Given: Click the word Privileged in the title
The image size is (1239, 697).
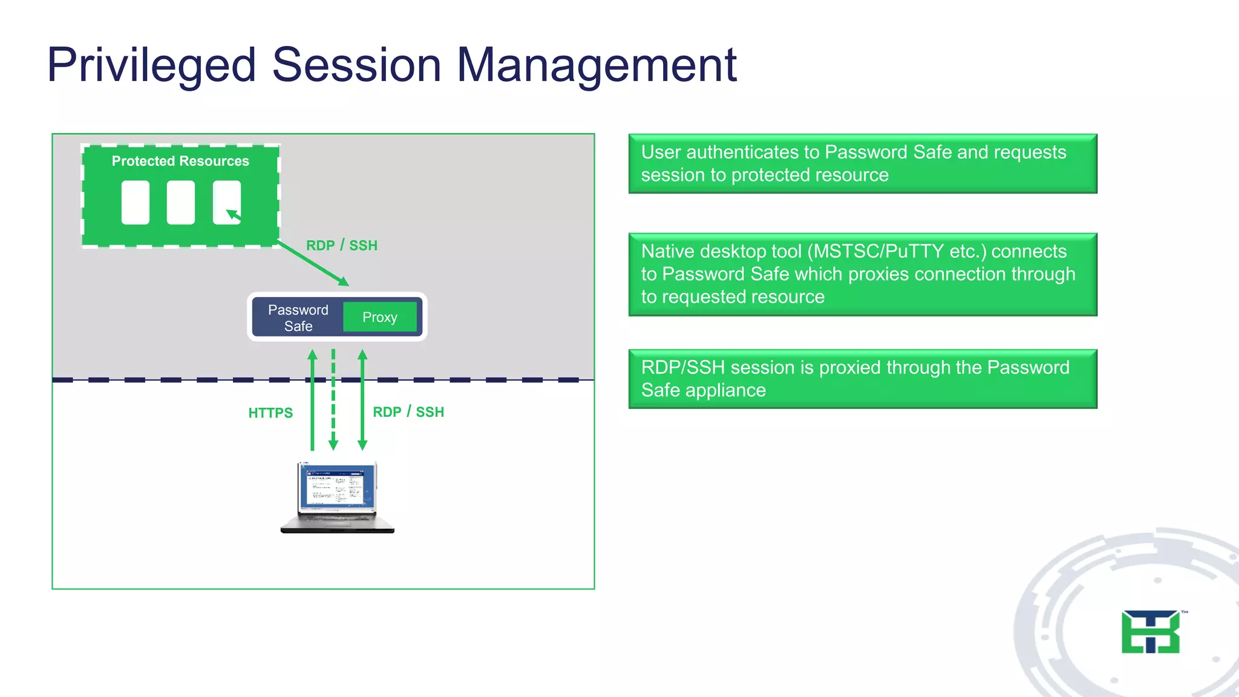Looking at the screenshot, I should pyautogui.click(x=151, y=65).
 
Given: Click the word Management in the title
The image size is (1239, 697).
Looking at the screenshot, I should pyautogui.click(x=596, y=65).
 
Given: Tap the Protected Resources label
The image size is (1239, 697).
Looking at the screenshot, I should pyautogui.click(x=180, y=161).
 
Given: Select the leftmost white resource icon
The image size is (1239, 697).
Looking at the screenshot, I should pyautogui.click(x=136, y=203).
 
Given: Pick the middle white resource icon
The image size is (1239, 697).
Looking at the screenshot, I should pyautogui.click(x=181, y=203).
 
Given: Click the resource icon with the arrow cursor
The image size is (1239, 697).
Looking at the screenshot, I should pyautogui.click(x=227, y=203).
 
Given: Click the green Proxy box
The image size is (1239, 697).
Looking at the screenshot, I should pyautogui.click(x=380, y=317).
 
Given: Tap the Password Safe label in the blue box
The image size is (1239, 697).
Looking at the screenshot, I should pyautogui.click(x=298, y=318).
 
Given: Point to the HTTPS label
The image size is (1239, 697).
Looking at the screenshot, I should pyautogui.click(x=270, y=413).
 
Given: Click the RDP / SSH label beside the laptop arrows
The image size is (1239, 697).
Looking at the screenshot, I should pyautogui.click(x=408, y=412).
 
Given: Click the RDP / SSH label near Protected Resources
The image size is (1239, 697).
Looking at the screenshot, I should pyautogui.click(x=341, y=245).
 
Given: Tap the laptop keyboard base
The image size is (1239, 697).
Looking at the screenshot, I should pyautogui.click(x=337, y=523).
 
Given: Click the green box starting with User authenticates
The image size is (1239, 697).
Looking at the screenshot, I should pyautogui.click(x=862, y=163).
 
